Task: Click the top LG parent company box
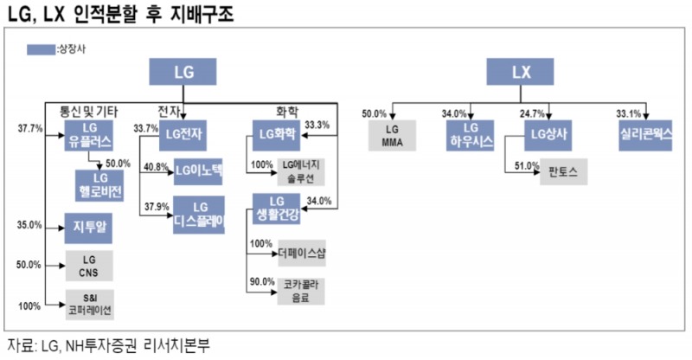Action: (183, 73)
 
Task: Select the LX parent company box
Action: (519, 73)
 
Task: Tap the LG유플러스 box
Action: (90, 134)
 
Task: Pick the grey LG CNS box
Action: (90, 266)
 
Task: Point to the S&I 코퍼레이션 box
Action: (90, 304)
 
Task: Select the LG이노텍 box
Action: (199, 170)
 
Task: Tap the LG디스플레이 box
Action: (199, 213)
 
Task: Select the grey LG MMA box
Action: (405, 134)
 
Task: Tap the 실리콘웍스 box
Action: (645, 133)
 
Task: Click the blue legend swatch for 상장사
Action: (40, 50)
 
